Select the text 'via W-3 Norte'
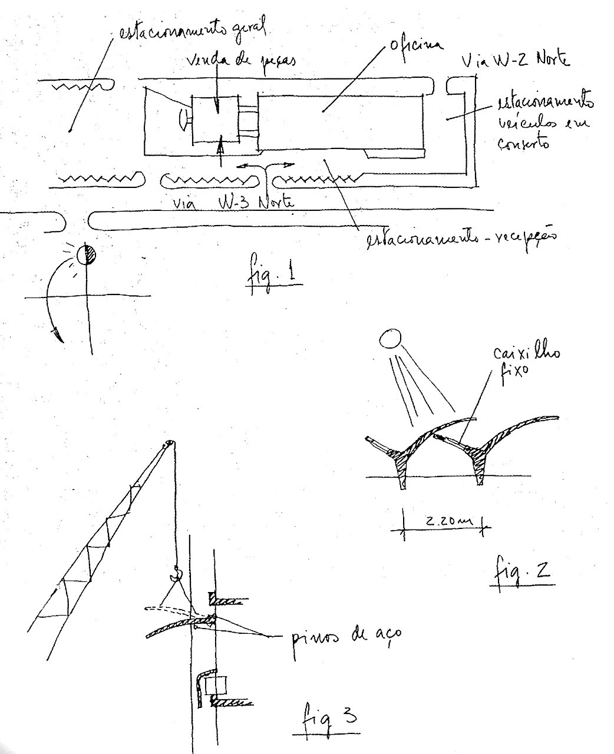coord(233,203)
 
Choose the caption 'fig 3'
coord(325,717)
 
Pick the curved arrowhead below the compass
coord(56,335)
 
